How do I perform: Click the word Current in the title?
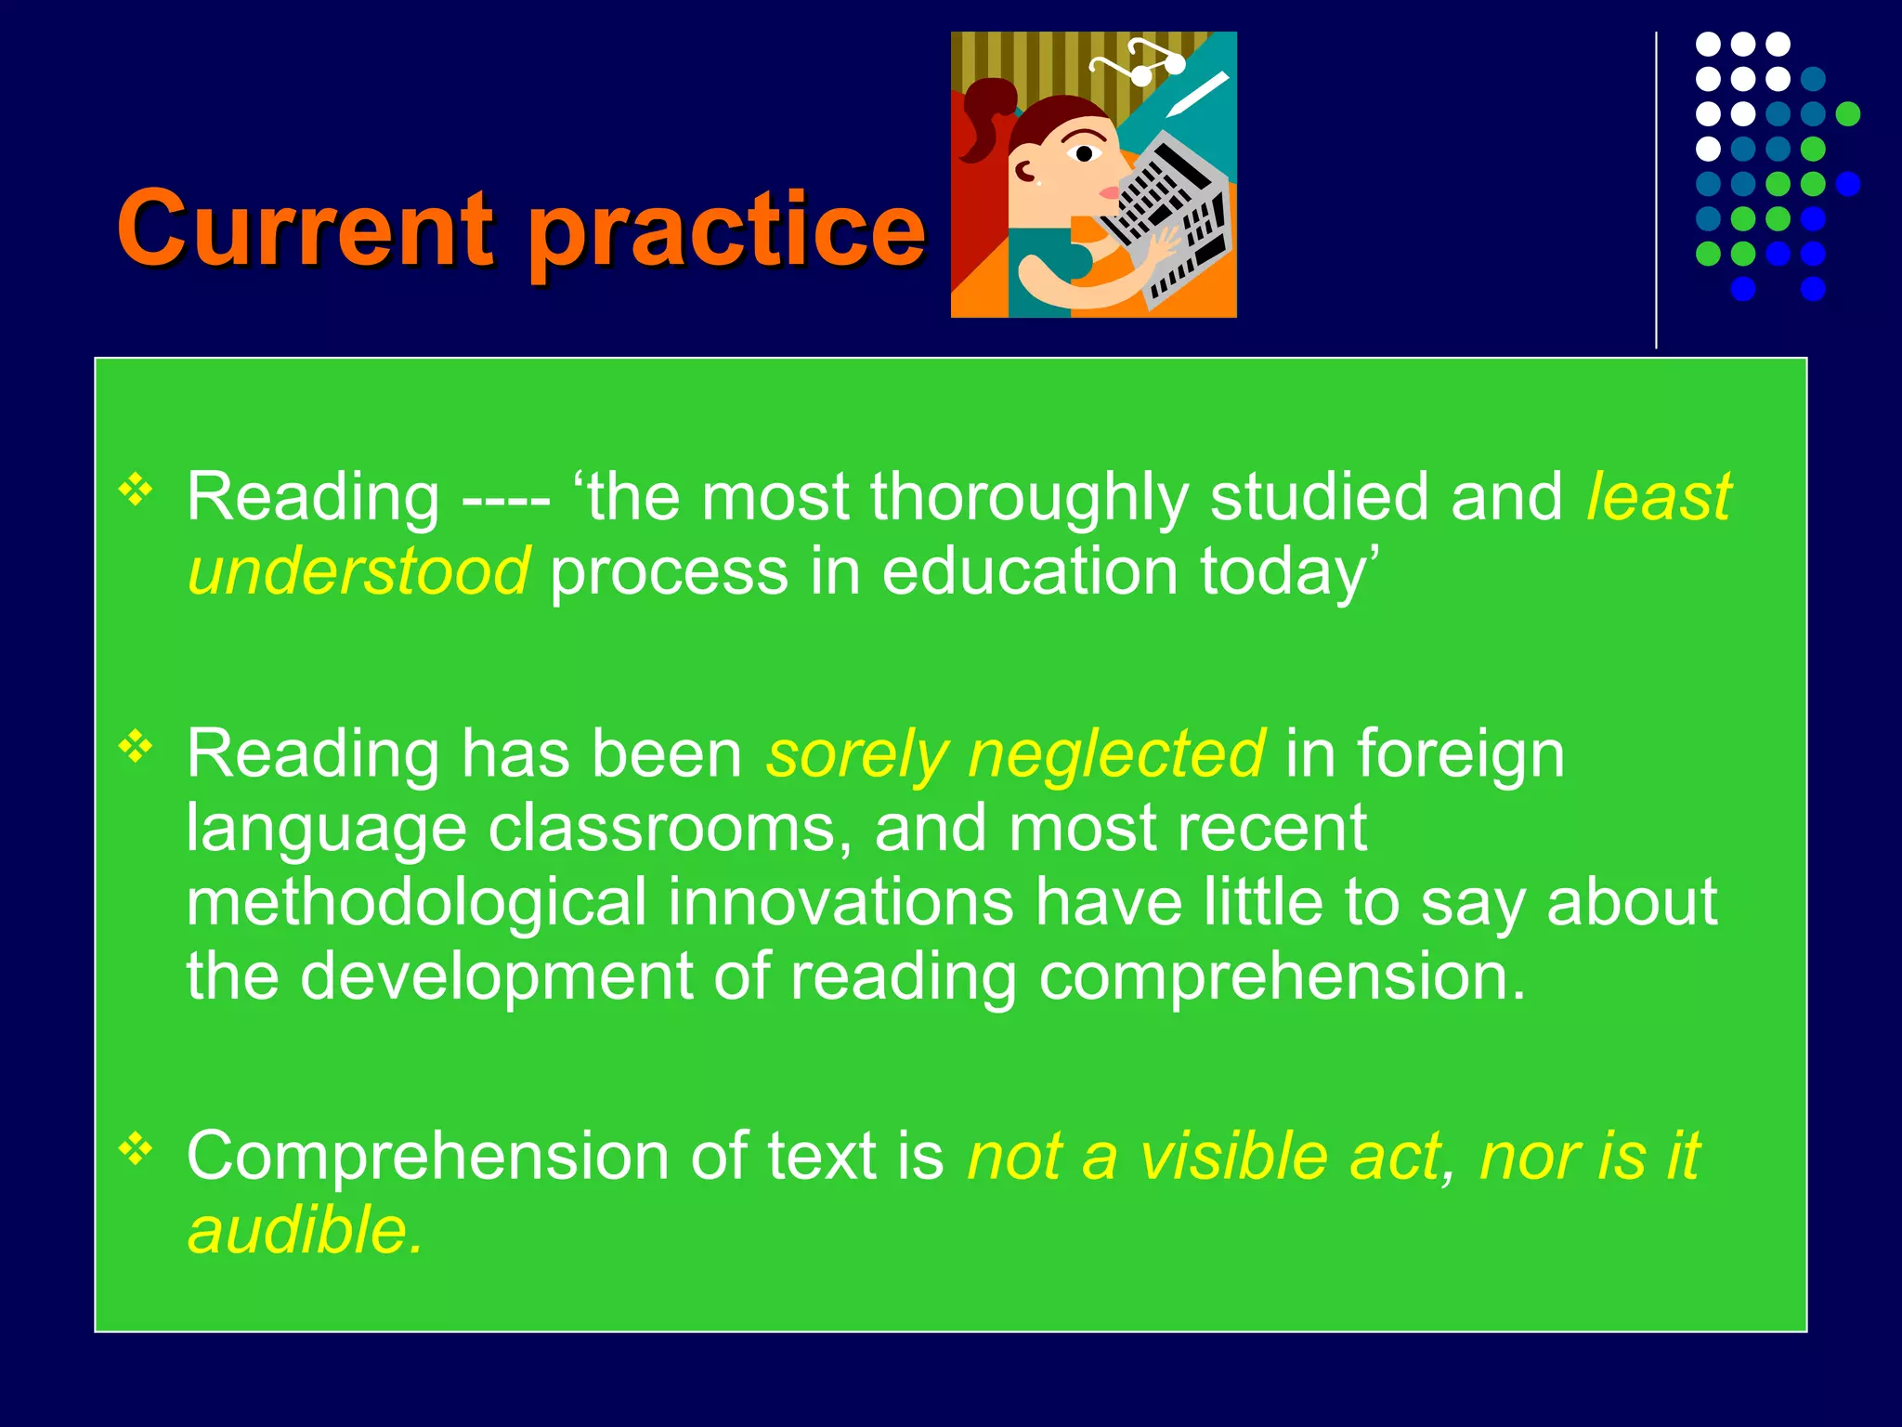pyautogui.click(x=305, y=228)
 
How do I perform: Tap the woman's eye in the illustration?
pyautogui.click(x=1083, y=153)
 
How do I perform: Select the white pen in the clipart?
pyautogui.click(x=1197, y=94)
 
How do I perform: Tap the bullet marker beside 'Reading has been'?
pyautogui.click(x=136, y=746)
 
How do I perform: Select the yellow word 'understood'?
pyautogui.click(x=358, y=570)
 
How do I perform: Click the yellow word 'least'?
pyautogui.click(x=1659, y=496)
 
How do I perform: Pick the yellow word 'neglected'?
pyautogui.click(x=1115, y=753)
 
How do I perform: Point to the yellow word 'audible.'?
pyautogui.click(x=306, y=1230)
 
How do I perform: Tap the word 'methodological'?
pyautogui.click(x=416, y=902)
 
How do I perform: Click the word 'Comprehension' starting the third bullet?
pyautogui.click(x=427, y=1158)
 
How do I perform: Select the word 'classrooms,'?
pyautogui.click(x=670, y=828)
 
